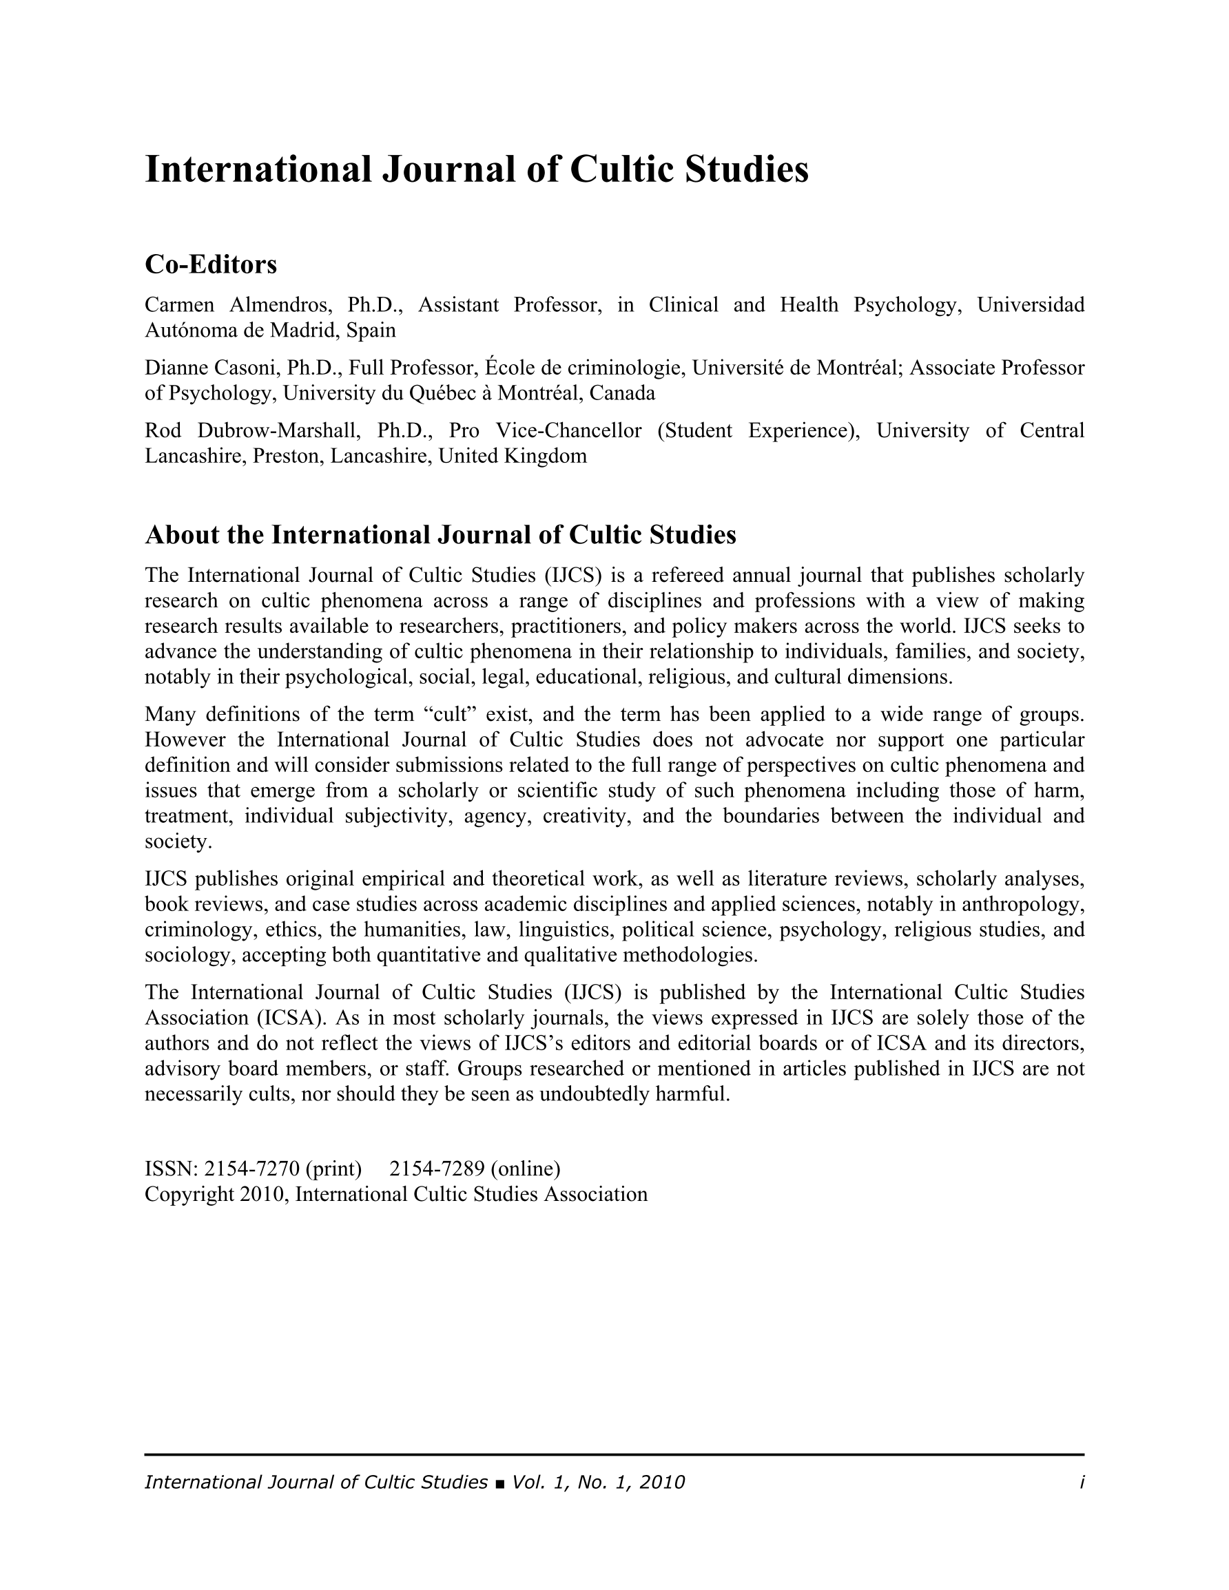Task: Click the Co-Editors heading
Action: click(211, 264)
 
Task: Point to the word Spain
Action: click(371, 331)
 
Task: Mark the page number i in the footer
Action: click(1082, 1483)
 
